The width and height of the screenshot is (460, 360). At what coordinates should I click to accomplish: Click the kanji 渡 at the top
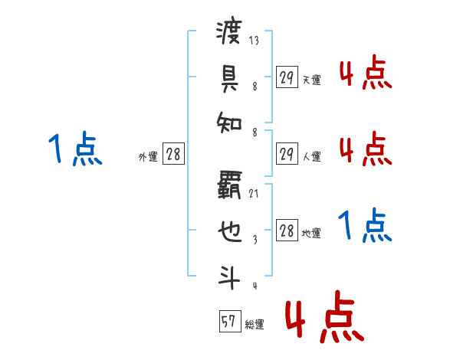click(229, 33)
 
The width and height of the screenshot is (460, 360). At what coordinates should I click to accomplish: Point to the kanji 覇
click(229, 184)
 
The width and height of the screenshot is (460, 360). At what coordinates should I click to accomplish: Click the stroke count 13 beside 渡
click(254, 41)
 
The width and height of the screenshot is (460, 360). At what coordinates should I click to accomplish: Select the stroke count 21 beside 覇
click(254, 193)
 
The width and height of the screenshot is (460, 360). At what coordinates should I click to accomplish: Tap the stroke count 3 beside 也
click(254, 240)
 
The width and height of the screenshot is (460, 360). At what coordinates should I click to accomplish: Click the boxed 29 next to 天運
click(287, 77)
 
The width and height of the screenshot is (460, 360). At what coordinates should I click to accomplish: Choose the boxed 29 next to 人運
click(287, 154)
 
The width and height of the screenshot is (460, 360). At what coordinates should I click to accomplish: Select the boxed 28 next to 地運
click(287, 231)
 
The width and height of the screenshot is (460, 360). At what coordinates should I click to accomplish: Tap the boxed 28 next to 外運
click(173, 154)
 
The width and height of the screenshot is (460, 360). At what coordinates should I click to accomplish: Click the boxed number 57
click(228, 322)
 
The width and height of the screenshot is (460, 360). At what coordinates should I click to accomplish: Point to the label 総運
click(255, 325)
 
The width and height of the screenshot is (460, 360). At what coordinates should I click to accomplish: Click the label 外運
click(148, 157)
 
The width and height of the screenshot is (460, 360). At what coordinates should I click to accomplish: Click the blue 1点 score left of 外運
click(75, 149)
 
